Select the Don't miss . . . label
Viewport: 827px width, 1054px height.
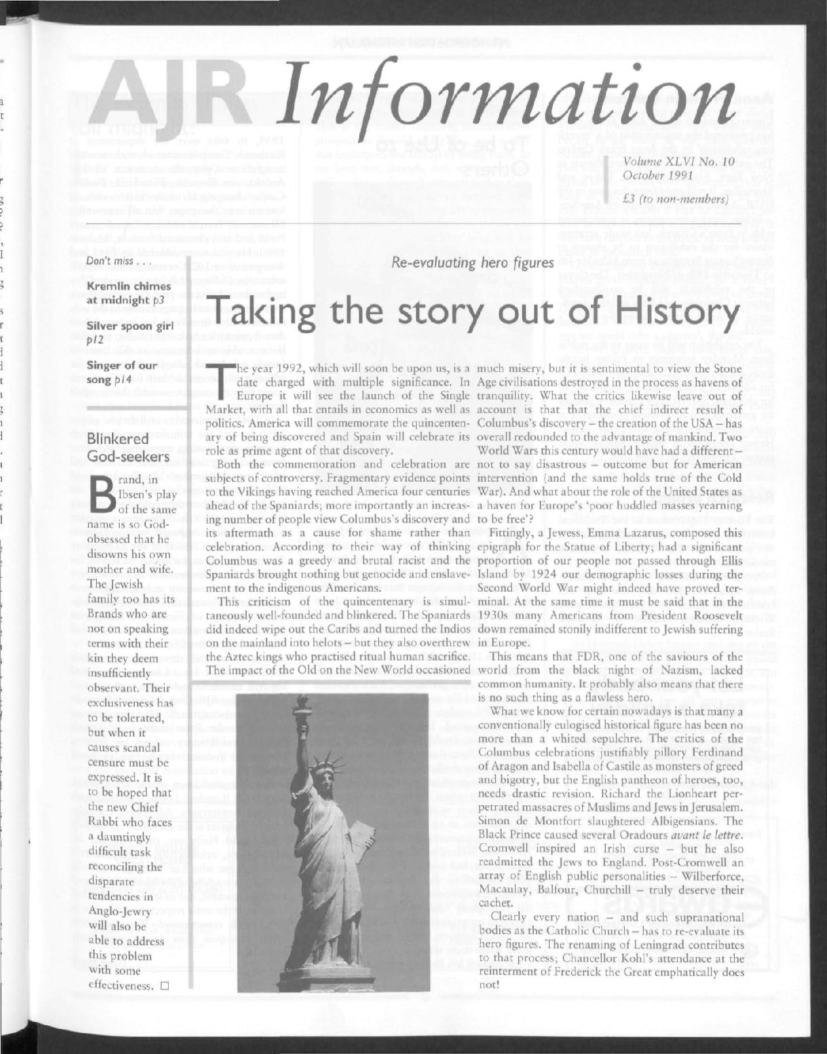(x=116, y=262)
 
